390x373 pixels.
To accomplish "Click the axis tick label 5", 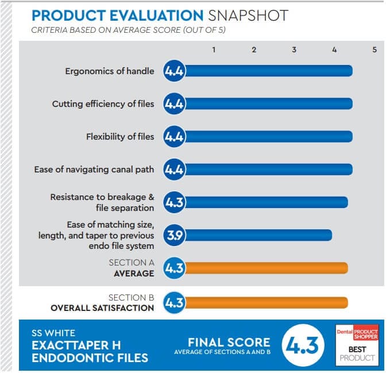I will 374,50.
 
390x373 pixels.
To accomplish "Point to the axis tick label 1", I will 214,50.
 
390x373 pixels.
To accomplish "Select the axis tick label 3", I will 294,50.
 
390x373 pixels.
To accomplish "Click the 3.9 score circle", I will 174,235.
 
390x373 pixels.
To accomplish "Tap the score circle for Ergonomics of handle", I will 174,71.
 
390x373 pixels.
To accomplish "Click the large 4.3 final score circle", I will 304,345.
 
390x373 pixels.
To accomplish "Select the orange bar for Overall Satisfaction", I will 267,303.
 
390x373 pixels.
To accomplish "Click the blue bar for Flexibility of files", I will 268,137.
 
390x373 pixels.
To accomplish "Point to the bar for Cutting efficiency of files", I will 268,104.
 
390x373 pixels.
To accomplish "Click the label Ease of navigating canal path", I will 94,170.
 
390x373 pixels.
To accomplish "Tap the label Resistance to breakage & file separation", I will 102,202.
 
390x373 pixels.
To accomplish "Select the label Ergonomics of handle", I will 109,71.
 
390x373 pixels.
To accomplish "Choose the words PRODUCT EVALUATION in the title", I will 117,16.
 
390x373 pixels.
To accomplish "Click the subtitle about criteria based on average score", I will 128,30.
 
